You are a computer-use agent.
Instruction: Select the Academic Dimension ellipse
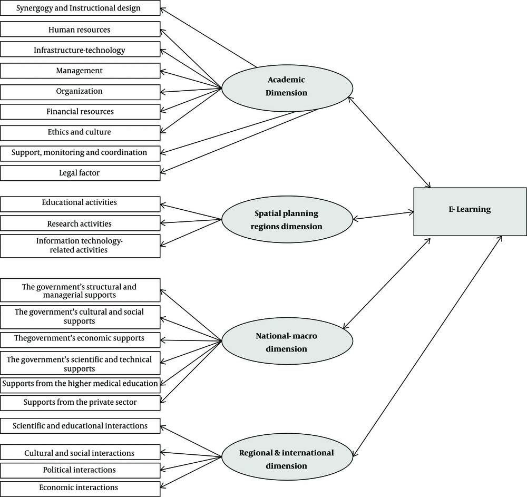(x=287, y=86)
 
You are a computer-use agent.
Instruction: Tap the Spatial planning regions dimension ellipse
(x=287, y=220)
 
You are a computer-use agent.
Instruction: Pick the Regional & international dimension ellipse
(x=287, y=459)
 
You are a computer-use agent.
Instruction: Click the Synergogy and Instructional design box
(x=80, y=8)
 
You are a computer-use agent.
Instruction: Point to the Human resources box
(x=80, y=30)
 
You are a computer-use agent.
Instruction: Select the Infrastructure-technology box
(x=80, y=50)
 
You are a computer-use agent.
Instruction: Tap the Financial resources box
(x=80, y=111)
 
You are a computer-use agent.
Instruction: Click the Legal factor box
(x=80, y=172)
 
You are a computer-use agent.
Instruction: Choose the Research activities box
(x=80, y=223)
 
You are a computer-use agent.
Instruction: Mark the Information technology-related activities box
(x=80, y=246)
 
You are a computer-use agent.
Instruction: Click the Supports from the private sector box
(x=80, y=403)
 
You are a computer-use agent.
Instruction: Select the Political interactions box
(x=80, y=470)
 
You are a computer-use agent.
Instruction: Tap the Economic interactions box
(x=80, y=488)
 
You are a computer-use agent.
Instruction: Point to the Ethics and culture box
(x=80, y=132)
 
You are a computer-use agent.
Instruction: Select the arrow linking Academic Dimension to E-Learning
(x=391, y=142)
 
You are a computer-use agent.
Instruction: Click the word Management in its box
(x=80, y=71)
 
